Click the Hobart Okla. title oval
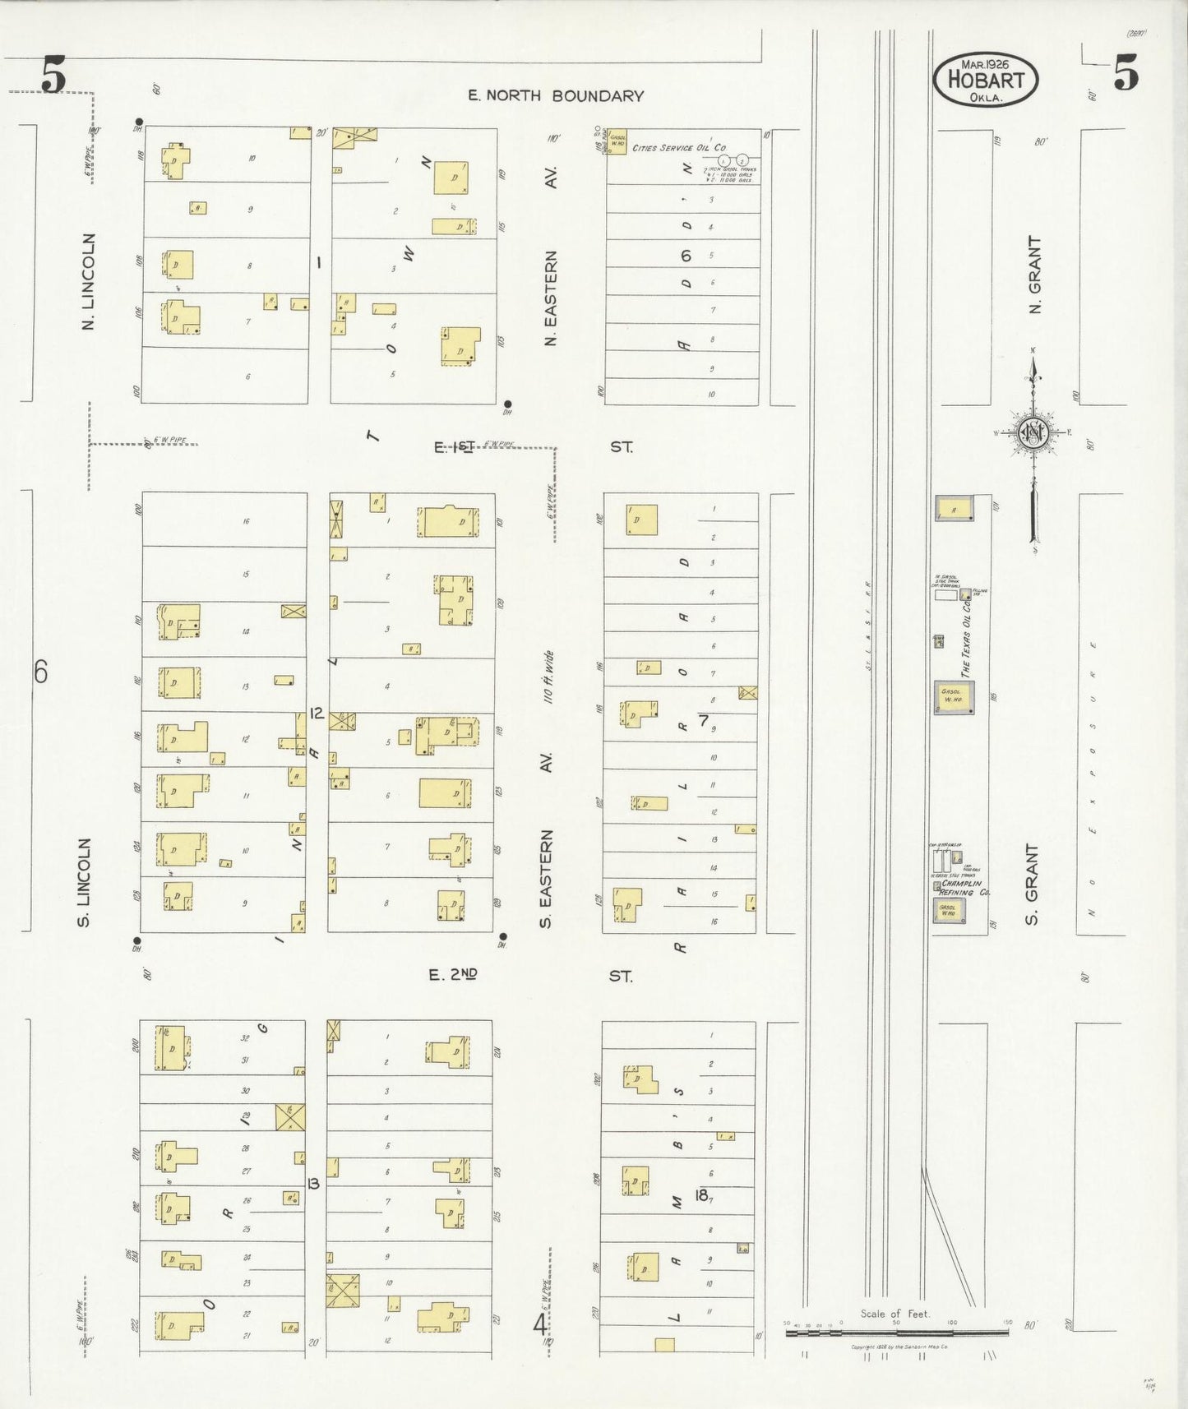[985, 81]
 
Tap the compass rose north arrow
[1032, 431]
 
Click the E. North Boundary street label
[555, 96]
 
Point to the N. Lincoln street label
[89, 282]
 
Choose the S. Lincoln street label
[85, 882]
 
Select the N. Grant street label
[1035, 275]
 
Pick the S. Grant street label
[1033, 884]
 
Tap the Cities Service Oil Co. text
[678, 148]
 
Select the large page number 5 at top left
[53, 78]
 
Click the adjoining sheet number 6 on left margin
[40, 673]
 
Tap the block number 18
[701, 1195]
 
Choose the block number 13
[312, 1184]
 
